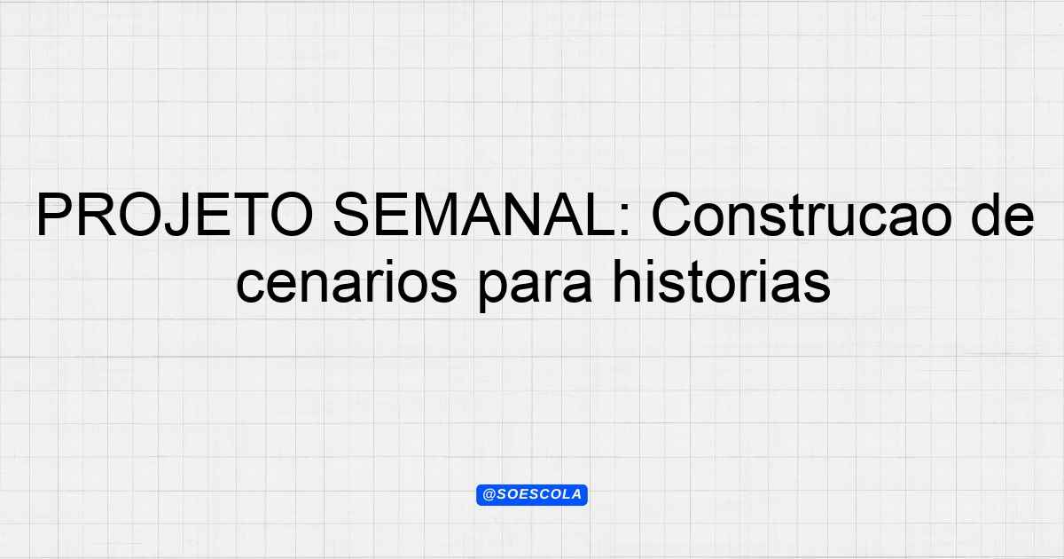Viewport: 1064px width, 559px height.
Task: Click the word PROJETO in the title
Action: (x=175, y=215)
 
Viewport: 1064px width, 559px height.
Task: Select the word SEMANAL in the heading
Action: (x=475, y=215)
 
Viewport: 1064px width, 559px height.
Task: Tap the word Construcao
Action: (x=802, y=215)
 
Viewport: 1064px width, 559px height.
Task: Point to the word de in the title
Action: (x=1003, y=215)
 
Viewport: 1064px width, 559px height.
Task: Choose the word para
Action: (x=536, y=286)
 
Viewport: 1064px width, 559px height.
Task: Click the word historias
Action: (x=722, y=281)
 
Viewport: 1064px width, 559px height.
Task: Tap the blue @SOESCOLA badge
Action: (x=532, y=495)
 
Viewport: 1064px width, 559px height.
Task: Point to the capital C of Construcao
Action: (x=672, y=215)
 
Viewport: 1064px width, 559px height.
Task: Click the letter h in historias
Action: (x=624, y=281)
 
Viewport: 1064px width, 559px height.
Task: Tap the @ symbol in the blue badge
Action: (x=489, y=494)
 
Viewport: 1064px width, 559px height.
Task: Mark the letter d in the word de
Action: (x=985, y=215)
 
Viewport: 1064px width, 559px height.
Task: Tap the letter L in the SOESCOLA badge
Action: (x=564, y=494)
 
